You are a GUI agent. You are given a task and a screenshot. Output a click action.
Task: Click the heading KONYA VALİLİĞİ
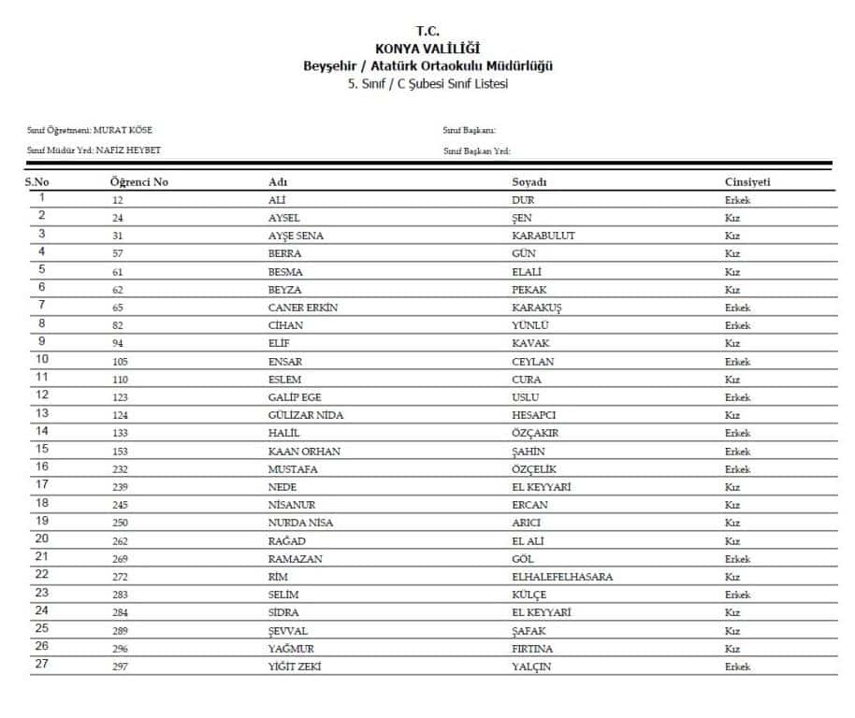click(427, 49)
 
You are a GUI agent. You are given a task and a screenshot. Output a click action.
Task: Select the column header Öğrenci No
click(139, 182)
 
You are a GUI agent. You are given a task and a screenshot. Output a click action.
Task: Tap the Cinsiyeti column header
click(747, 182)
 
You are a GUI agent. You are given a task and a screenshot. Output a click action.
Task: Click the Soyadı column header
click(529, 182)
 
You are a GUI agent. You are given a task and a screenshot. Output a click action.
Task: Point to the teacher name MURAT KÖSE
click(123, 130)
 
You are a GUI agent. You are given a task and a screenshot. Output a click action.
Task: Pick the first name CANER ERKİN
click(303, 308)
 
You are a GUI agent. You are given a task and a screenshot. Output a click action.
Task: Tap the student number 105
click(119, 362)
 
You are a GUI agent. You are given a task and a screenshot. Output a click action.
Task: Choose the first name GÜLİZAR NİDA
click(307, 415)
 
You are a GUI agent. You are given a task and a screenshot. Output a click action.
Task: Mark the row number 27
click(41, 665)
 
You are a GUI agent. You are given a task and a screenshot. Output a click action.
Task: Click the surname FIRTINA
click(532, 649)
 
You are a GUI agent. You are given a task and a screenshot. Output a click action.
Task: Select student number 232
click(119, 469)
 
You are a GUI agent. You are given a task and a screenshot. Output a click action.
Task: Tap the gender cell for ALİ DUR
click(737, 200)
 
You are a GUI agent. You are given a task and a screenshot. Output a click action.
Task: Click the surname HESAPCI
click(534, 415)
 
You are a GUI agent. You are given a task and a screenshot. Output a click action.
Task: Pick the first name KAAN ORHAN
click(304, 452)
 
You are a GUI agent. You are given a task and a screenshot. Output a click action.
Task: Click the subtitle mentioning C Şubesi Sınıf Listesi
click(427, 83)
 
